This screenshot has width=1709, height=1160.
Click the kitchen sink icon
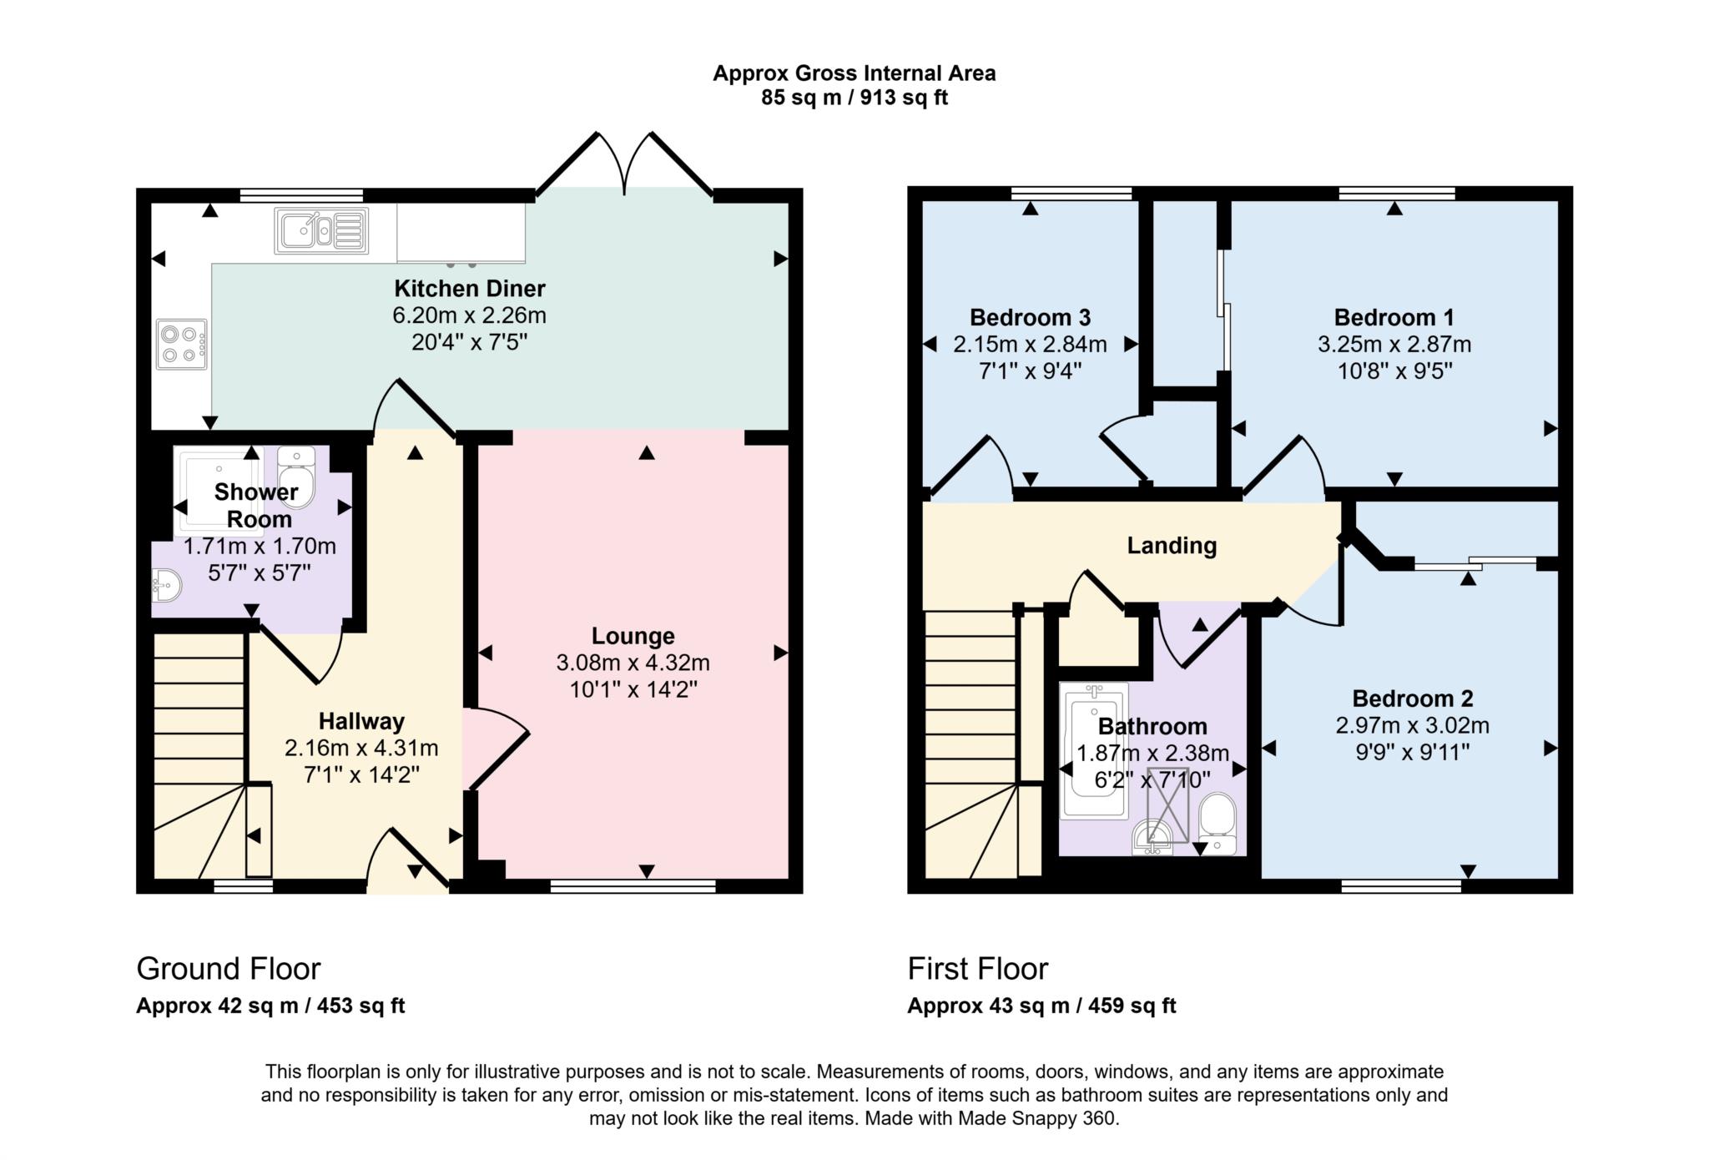pos(321,231)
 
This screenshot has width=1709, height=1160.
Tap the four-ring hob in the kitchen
pos(181,344)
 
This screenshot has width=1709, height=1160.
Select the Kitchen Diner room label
pos(469,289)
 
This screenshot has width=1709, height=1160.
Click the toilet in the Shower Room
pos(296,477)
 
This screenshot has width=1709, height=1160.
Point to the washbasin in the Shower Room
pos(166,585)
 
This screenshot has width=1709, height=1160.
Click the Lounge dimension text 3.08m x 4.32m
pos(633,663)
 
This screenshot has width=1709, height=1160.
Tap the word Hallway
pos(361,721)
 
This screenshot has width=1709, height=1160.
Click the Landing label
pos(1172,546)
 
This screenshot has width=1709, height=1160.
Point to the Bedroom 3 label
pos(1030,317)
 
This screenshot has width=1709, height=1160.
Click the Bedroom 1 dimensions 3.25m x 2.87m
pos(1394,344)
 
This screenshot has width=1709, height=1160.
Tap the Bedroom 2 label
pos(1412,699)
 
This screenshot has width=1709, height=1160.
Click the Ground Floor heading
pos(229,969)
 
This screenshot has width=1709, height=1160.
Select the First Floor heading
pos(977,969)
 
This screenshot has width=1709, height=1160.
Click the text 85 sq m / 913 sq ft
pos(854,98)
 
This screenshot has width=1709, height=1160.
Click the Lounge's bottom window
pos(633,886)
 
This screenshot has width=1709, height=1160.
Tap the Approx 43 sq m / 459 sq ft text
pos(1041,1006)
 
